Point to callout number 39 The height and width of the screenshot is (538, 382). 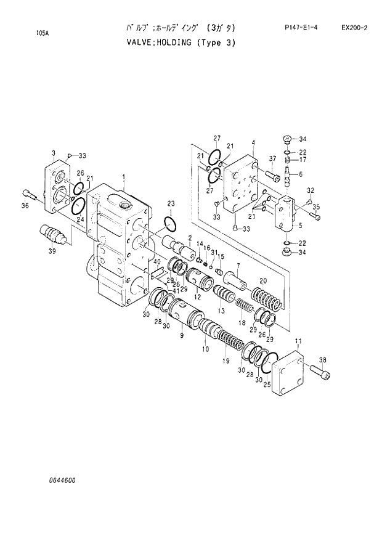point(52,251)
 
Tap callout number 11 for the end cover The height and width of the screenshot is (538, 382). point(298,341)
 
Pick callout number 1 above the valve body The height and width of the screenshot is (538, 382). point(123,177)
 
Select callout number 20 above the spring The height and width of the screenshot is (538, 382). point(262,280)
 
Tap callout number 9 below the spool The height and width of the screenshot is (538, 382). point(182,336)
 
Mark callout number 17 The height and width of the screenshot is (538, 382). point(303,159)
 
